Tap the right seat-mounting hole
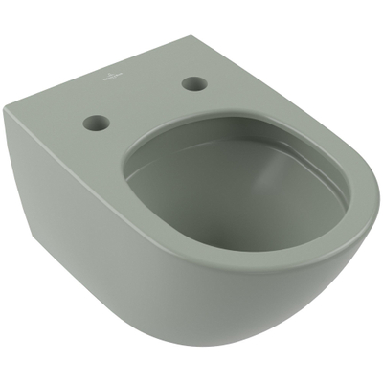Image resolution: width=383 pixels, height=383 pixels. coord(194,83)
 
